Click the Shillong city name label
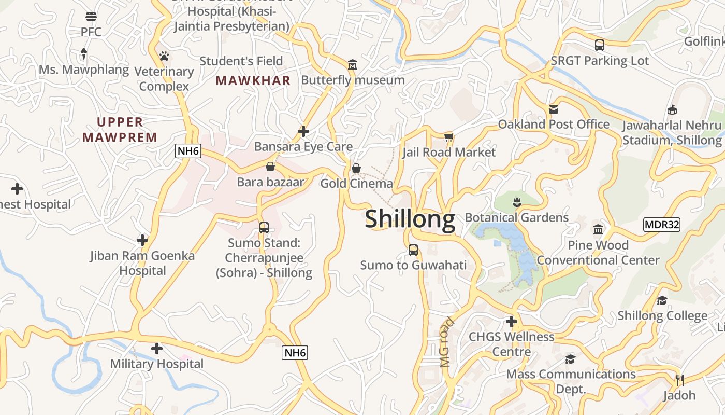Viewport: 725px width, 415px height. pos(410,219)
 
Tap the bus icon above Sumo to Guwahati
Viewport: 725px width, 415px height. pos(413,250)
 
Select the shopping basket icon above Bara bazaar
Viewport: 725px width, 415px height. pos(270,167)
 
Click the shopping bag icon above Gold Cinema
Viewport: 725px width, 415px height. pos(356,168)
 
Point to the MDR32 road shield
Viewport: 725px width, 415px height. pos(661,225)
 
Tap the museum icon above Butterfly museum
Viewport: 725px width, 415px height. pos(353,65)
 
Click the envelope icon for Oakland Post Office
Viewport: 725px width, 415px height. pos(554,109)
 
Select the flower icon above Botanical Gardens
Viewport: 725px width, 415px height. pos(516,202)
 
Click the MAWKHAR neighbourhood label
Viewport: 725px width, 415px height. pos(253,81)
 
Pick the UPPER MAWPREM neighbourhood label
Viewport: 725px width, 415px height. pos(120,130)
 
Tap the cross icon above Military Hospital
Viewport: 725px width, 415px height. pos(157,349)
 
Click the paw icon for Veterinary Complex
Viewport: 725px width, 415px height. pos(164,56)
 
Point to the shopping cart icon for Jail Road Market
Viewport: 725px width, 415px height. pos(448,137)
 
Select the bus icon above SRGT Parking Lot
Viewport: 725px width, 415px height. pos(599,45)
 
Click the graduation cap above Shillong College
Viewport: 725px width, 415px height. pos(662,301)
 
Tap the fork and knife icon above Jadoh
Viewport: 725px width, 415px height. pos(679,380)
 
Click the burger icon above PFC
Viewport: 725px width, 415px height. pos(91,17)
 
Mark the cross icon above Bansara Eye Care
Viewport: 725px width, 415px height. pos(303,131)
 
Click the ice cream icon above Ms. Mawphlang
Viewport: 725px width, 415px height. pos(84,53)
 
